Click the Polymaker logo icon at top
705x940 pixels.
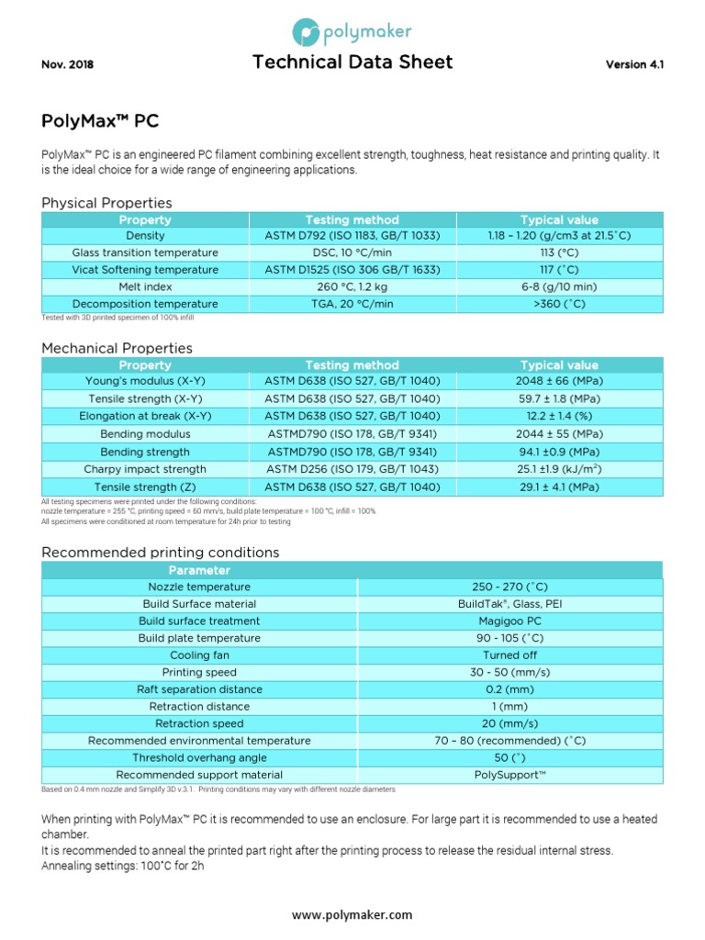[306, 34]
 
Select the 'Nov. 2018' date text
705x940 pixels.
[68, 65]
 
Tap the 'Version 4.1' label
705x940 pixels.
[634, 65]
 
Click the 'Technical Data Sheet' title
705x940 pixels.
[352, 62]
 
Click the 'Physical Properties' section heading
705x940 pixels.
[106, 202]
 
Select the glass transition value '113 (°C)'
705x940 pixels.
[558, 252]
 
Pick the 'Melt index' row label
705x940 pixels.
[145, 286]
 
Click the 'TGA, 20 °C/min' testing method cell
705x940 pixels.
[352, 304]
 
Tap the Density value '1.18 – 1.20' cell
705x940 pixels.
[558, 236]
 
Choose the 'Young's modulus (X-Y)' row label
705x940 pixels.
[145, 381]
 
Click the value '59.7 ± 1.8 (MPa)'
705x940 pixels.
[558, 399]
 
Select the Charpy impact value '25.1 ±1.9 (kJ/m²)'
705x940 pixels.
[558, 469]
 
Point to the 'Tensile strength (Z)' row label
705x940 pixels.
[145, 487]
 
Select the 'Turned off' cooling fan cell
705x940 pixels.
[510, 655]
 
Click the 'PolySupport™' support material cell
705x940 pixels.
[510, 776]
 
